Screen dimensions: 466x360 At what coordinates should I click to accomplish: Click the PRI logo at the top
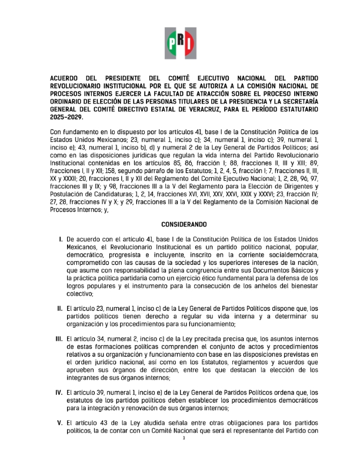click(x=180, y=42)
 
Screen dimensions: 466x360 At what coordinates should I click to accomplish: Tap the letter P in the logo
click(x=172, y=42)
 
